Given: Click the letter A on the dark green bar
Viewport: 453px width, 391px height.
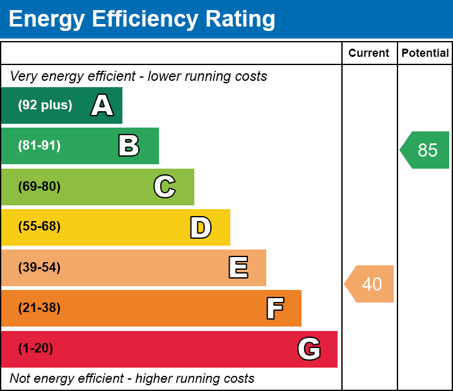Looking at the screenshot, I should (102, 105).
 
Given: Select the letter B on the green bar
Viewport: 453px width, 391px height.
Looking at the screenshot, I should (129, 146).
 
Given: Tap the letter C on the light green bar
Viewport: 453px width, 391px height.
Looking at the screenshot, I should (164, 186).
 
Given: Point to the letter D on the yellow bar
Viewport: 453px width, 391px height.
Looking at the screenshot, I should (201, 227).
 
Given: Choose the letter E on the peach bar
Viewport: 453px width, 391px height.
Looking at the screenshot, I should (238, 268).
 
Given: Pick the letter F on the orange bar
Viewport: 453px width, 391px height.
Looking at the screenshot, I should (274, 308).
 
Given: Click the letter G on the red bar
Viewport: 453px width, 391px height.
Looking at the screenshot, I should (309, 349).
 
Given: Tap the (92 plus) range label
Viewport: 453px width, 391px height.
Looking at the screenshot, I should (45, 105).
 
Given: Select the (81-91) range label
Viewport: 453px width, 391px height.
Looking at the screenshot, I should (39, 146).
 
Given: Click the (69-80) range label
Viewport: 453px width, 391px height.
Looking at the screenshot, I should (39, 186).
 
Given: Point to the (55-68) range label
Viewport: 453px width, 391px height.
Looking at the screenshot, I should (39, 227).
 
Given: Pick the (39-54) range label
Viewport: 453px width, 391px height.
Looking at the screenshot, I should (39, 267).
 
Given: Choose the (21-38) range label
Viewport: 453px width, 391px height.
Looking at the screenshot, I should (39, 308).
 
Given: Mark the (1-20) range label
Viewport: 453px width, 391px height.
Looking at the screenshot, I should (36, 349).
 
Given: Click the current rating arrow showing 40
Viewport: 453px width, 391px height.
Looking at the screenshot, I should (370, 284).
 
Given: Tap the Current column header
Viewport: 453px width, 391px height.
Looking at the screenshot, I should (369, 54).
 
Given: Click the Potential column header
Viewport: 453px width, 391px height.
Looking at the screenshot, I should (425, 54).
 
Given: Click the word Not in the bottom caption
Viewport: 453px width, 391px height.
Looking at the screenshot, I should (20, 379).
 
